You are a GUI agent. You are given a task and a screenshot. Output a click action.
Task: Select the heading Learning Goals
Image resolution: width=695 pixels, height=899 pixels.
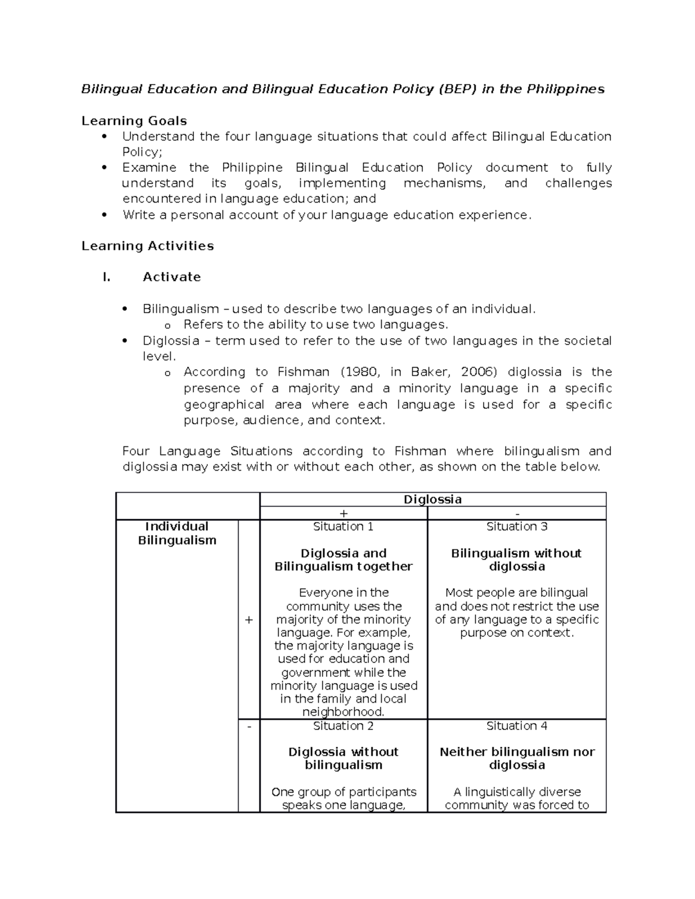coord(134,121)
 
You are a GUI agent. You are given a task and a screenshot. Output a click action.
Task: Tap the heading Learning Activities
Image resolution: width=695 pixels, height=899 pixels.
coord(148,246)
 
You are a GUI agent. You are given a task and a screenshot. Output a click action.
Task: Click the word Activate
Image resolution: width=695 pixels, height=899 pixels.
coord(171,277)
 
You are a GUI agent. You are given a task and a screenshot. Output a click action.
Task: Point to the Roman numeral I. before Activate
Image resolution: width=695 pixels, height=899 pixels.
coord(106,277)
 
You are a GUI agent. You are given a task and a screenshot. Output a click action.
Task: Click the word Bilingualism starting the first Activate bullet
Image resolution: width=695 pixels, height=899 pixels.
coord(181,309)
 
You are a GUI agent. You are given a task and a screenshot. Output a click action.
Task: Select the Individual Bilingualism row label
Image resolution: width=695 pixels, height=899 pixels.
coord(177,533)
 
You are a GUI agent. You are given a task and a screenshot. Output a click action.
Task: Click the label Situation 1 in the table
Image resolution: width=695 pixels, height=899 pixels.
coord(343,527)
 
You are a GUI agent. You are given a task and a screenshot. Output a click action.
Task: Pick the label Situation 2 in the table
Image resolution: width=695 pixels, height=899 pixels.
coord(343,726)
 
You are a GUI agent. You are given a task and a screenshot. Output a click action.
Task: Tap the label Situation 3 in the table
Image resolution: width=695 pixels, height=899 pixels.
coord(517,527)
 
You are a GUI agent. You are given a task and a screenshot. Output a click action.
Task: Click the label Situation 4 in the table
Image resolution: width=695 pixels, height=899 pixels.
coord(517,726)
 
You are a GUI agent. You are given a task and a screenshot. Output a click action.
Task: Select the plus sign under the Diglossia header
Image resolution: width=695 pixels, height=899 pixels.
coord(343,513)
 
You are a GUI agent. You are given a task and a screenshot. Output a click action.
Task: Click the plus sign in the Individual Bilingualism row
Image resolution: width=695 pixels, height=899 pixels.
coord(248,620)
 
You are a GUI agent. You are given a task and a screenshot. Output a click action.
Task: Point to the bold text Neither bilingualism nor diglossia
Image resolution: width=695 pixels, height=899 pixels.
coord(517,758)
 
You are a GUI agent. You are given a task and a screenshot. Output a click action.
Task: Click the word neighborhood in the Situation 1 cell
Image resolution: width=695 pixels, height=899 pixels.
coord(343,712)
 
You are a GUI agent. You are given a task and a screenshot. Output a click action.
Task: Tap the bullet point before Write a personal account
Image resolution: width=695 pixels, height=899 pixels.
coord(104,215)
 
